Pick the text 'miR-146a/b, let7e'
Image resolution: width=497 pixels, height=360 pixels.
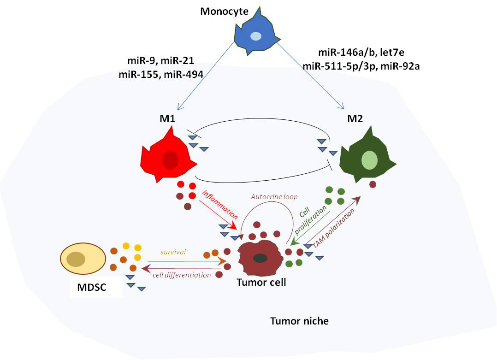coord(361,53)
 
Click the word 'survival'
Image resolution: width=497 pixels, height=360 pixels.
coord(173,252)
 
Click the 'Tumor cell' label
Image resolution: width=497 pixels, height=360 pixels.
coord(261,282)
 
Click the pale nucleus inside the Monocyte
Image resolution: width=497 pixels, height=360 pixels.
coord(255,36)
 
